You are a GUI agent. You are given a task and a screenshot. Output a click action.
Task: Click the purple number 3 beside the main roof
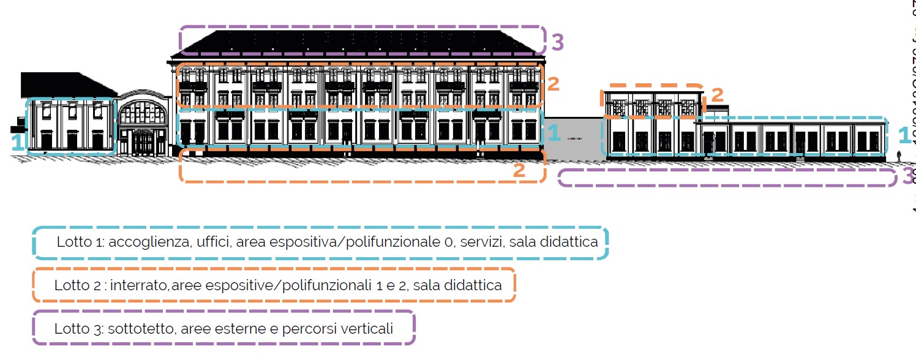[x=557, y=42]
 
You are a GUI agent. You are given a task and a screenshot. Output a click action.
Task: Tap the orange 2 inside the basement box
[x=519, y=171]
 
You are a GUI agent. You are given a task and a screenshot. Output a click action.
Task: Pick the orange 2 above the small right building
[x=717, y=95]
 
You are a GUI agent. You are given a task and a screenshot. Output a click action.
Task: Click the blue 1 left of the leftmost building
[x=18, y=143]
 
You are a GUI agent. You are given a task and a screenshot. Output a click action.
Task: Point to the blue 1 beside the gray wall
[x=554, y=133]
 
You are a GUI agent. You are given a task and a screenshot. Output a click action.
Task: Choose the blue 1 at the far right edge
[x=904, y=134]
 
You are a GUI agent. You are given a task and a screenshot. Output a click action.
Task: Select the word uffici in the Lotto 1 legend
[x=212, y=242]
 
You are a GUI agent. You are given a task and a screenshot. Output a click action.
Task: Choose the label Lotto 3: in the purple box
[x=79, y=329]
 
